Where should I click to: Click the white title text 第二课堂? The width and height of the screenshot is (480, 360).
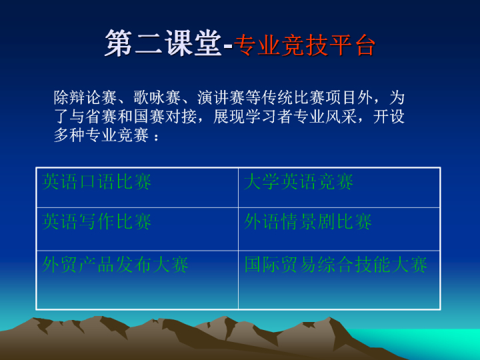tap(163, 43)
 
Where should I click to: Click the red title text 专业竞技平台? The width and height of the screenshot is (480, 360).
tap(305, 45)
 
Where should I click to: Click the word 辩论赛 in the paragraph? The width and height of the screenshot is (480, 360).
tap(93, 98)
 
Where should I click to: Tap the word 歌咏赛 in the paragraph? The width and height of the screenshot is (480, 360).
tap(157, 98)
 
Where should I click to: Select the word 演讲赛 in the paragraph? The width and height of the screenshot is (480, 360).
tap(221, 98)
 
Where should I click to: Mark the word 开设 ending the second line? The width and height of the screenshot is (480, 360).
tap(389, 117)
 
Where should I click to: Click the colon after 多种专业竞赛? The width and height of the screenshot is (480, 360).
tap(157, 137)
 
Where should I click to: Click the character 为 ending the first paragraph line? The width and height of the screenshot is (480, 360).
tap(397, 98)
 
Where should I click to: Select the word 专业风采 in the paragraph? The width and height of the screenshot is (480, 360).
tap(325, 117)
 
